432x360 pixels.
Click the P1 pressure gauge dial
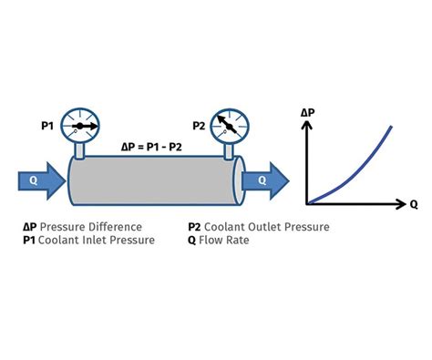click(x=80, y=126)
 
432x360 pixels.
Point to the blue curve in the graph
click(x=360, y=168)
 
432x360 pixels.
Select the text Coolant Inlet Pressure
click(x=97, y=241)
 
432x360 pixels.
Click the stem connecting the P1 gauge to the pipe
click(x=80, y=149)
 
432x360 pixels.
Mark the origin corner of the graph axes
click(x=307, y=201)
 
